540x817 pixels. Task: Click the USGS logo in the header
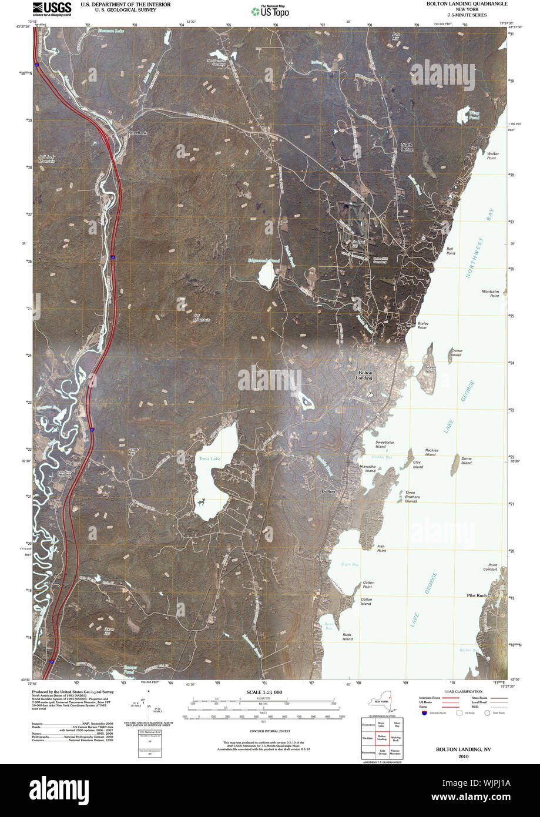pyautogui.click(x=52, y=8)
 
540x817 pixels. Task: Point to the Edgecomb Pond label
pyautogui.click(x=263, y=260)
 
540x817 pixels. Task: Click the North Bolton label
pyautogui.click(x=407, y=147)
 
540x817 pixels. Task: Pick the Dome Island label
pyautogui.click(x=466, y=460)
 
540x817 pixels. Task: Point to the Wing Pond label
pyautogui.click(x=474, y=115)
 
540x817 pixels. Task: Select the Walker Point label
pyautogui.click(x=492, y=156)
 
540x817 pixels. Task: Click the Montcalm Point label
pyautogui.click(x=490, y=293)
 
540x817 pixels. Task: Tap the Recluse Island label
pyautogui.click(x=431, y=452)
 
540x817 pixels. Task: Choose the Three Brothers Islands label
pyautogui.click(x=411, y=497)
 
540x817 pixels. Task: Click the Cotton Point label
pyautogui.click(x=368, y=584)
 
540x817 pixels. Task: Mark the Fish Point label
pyautogui.click(x=381, y=548)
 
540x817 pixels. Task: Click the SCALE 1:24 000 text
pyautogui.click(x=264, y=693)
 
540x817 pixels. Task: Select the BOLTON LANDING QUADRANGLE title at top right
pyautogui.click(x=467, y=4)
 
